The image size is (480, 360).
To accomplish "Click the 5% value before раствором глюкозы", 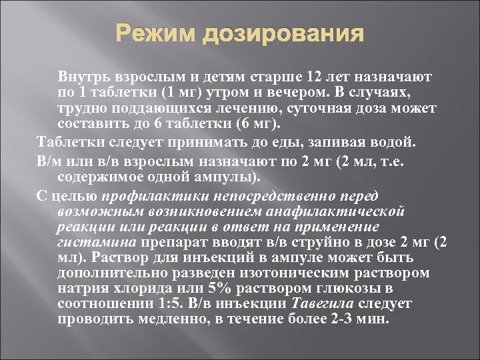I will point(213,288).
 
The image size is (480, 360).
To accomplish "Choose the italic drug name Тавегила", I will point(323,303).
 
